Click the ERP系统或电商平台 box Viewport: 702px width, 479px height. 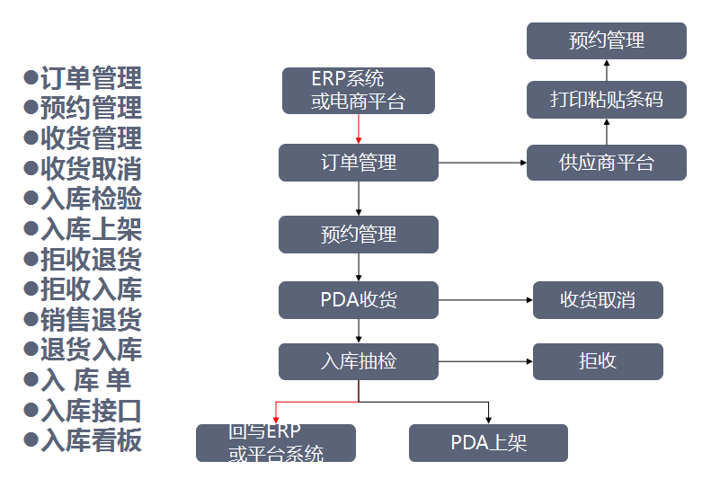[x=358, y=91]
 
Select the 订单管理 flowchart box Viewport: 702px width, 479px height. [x=358, y=163]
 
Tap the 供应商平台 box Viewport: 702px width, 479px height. [x=606, y=163]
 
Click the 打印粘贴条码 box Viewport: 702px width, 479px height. [x=606, y=99]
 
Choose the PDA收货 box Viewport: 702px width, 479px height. [x=358, y=300]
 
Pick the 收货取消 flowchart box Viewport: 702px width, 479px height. [x=598, y=300]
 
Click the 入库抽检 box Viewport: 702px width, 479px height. [x=358, y=361]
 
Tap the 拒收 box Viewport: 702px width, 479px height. [x=598, y=361]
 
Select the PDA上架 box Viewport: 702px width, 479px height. [x=488, y=443]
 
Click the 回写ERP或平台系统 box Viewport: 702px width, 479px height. [x=276, y=443]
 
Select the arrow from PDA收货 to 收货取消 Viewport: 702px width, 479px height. [x=485, y=300]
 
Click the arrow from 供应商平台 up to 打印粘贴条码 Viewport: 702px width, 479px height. [x=606, y=131]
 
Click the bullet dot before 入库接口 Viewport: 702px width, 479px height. [x=31, y=410]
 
